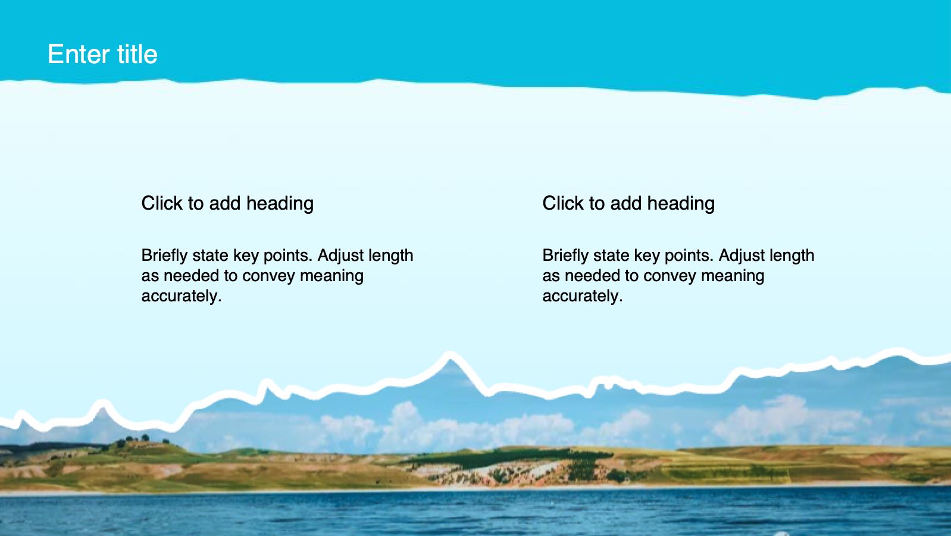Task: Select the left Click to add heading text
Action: [227, 203]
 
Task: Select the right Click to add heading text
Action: [628, 203]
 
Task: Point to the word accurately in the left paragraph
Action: [182, 295]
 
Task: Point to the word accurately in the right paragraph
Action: [583, 295]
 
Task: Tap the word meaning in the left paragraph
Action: [331, 276]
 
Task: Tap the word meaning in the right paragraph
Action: [733, 276]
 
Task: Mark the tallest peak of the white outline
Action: [449, 354]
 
